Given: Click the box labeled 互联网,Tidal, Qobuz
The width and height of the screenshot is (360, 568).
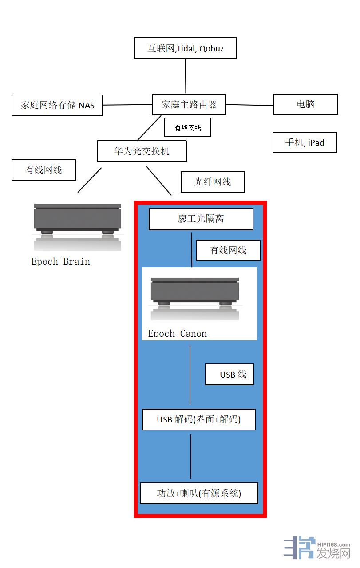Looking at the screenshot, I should [185, 48].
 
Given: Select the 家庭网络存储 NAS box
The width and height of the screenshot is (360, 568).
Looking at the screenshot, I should [57, 106].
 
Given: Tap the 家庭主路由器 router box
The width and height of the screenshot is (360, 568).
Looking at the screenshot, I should [189, 105].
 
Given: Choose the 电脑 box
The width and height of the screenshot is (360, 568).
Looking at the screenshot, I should [305, 104].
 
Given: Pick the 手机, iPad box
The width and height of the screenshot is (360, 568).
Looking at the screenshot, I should [305, 142].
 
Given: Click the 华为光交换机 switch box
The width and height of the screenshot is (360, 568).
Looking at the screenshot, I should [142, 151].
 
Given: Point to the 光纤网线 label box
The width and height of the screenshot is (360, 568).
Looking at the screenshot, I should [213, 182].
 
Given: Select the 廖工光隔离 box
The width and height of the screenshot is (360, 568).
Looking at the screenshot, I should [201, 219].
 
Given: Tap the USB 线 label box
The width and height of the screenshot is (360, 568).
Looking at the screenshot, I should [229, 375].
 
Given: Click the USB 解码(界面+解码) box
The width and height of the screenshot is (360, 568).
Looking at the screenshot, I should [198, 419].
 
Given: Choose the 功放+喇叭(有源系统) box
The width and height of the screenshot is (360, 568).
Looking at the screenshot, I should [199, 493].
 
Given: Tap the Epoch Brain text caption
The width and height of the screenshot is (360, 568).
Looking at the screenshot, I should [61, 261].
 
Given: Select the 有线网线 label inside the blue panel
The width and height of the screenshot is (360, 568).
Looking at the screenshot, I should [228, 250].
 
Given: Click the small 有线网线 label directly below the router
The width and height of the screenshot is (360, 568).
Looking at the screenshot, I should [187, 128].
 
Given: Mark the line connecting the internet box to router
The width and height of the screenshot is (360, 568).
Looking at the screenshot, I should [186, 76].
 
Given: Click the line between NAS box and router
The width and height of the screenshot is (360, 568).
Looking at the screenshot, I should [127, 105].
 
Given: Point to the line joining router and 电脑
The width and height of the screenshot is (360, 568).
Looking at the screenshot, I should [249, 105].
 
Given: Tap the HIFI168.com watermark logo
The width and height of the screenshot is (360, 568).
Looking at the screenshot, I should [317, 548].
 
